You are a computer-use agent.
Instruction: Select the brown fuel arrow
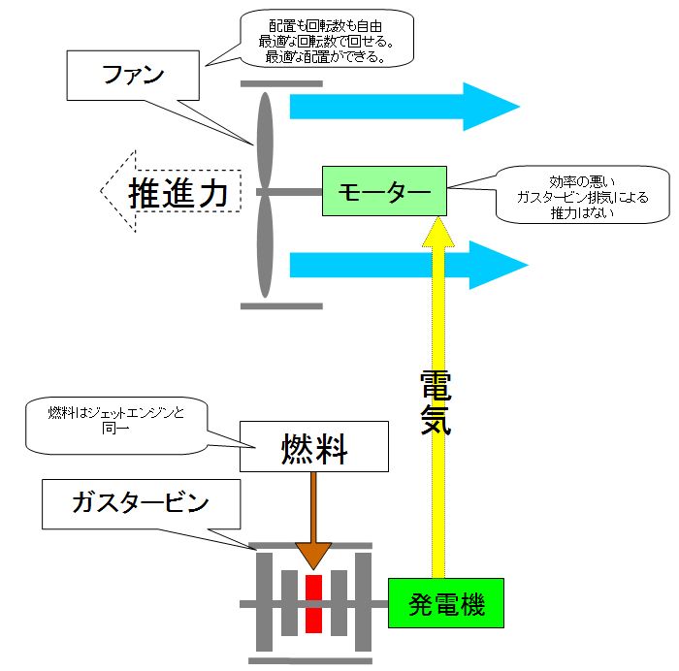(x=312, y=524)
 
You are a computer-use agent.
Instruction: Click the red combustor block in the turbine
(x=313, y=603)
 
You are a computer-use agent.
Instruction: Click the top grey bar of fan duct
(x=281, y=84)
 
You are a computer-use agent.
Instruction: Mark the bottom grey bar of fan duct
(x=281, y=305)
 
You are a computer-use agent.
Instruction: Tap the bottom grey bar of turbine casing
(x=310, y=661)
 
